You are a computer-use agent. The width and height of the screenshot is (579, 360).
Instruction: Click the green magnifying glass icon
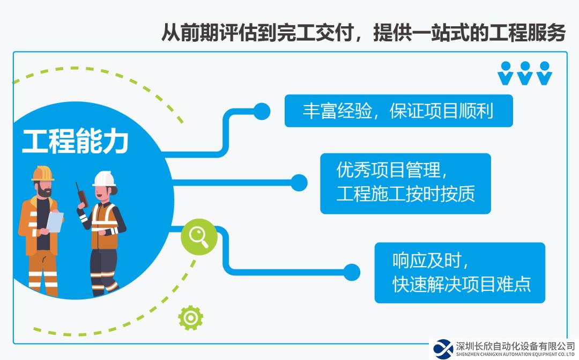point(199,237)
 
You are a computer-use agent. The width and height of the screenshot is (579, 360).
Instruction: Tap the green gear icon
point(190,318)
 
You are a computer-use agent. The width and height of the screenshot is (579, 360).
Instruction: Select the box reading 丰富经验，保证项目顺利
point(398,111)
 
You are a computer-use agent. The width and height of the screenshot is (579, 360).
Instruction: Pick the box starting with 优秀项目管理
point(405,183)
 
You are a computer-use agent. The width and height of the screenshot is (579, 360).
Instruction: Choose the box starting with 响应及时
point(460,273)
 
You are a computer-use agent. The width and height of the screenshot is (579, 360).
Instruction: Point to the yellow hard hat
point(43,173)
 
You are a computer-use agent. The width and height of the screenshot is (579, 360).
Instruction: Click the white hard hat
point(104,179)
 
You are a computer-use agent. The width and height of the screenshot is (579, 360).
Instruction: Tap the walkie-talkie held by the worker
point(82,195)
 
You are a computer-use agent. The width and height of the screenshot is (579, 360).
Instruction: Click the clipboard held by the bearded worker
point(55,222)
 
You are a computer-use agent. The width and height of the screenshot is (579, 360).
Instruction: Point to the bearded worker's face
point(44,188)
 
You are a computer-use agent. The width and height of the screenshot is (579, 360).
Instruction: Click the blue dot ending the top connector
point(262,111)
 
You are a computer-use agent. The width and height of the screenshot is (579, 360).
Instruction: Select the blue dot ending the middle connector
point(299,183)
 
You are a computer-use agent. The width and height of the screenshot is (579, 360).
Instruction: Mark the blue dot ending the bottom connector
point(352,273)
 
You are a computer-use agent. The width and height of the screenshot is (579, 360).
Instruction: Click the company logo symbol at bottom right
point(443,349)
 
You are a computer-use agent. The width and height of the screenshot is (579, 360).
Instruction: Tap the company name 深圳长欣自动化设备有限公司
point(516,346)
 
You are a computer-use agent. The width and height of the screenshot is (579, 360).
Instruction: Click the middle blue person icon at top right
point(525,73)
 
